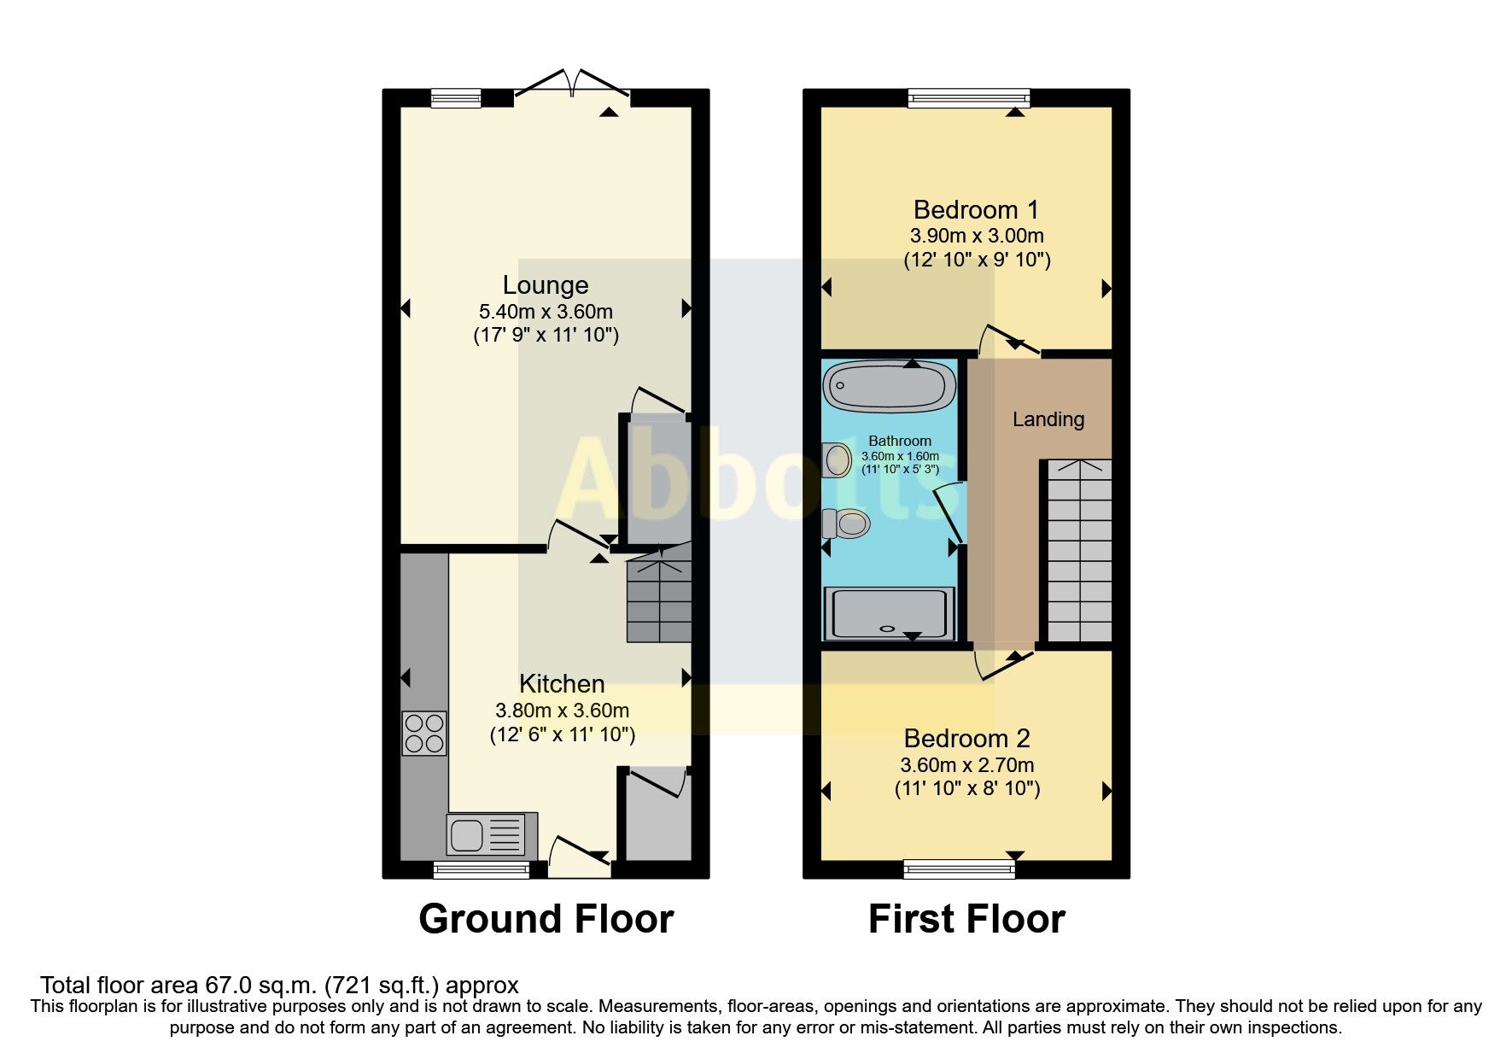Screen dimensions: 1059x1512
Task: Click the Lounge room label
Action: [545, 285]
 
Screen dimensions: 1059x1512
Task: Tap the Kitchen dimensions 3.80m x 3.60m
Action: [562, 711]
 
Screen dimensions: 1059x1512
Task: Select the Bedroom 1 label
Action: [976, 210]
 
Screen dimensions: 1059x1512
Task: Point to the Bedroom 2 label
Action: [966, 739]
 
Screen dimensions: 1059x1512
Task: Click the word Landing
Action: [1048, 419]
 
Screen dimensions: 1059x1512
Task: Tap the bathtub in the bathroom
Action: [889, 386]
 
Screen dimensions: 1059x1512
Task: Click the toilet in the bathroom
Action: [847, 523]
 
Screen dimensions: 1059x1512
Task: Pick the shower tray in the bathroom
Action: [888, 613]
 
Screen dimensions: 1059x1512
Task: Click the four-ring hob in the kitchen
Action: [424, 734]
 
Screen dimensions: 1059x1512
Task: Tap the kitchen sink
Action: [485, 834]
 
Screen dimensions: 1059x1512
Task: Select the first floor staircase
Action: [1079, 551]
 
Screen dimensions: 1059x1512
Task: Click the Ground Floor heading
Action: [546, 920]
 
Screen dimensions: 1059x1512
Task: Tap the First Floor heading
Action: [966, 920]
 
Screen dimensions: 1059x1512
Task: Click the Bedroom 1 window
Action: [969, 98]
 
